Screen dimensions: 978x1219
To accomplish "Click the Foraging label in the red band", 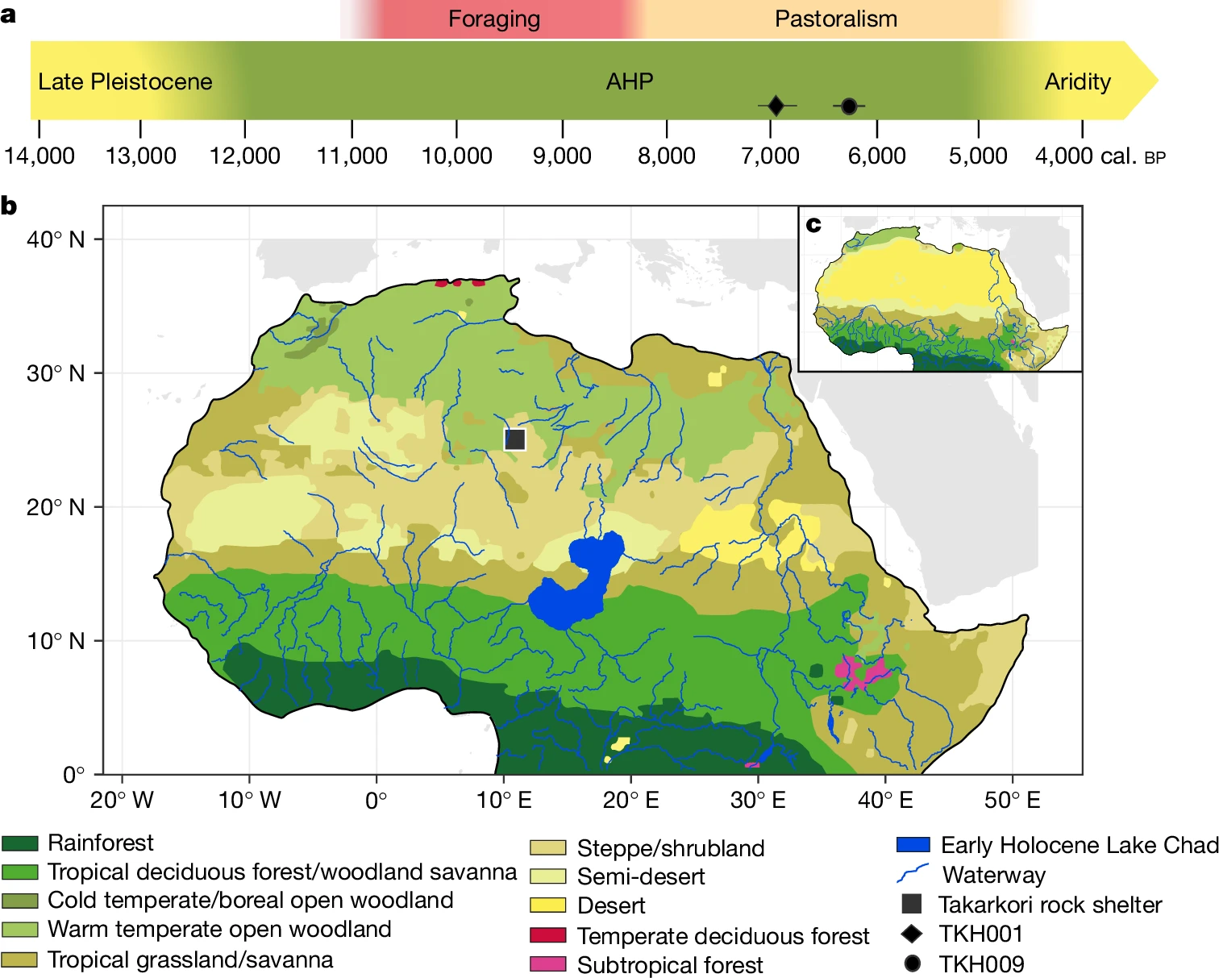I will coord(494,19).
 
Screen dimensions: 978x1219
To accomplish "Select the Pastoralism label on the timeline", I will coord(835,19).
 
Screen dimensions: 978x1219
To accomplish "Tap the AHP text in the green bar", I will coord(630,81).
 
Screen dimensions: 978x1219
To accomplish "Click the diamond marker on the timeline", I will coord(776,106).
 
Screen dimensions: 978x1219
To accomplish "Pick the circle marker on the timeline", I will coord(849,106).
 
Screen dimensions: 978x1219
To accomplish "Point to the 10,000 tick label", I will coord(456,156).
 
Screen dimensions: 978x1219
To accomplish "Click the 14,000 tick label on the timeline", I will coord(40,156).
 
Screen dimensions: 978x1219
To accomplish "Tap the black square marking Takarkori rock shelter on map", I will coord(515,439).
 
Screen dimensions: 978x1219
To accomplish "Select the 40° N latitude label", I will coord(56,239).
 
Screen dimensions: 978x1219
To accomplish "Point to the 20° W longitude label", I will coord(122,800).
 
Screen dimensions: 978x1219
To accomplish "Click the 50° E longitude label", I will coord(1012,800).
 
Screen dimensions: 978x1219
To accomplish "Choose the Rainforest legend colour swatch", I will coord(20,843).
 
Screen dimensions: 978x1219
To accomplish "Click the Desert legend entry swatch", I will coord(547,905).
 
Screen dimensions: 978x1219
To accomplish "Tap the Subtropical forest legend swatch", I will coord(547,964).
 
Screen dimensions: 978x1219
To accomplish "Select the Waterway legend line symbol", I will coord(913,874).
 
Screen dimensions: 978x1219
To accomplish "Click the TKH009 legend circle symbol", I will coord(913,963).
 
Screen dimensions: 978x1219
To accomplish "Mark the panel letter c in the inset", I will coord(813,224).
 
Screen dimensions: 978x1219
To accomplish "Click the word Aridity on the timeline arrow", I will coord(1077,81).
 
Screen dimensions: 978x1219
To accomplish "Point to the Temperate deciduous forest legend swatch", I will coord(547,935).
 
